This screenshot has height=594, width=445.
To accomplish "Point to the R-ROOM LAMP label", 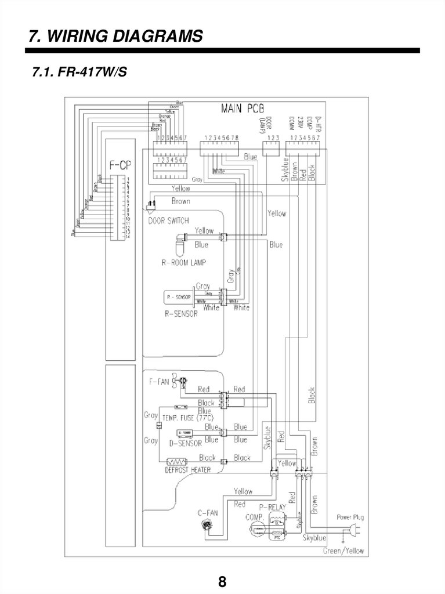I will tap(184, 262).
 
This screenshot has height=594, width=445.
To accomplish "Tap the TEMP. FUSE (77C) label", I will tap(187, 418).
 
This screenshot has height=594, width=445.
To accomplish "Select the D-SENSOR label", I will tap(184, 444).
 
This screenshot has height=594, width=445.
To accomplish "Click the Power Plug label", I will tap(350, 516).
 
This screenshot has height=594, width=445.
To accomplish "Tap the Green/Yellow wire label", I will tap(343, 550).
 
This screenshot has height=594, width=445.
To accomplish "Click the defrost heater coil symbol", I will tap(176, 462).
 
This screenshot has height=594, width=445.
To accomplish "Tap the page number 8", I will tap(222, 581).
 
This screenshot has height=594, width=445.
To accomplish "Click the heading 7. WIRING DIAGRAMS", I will tap(116, 37).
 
